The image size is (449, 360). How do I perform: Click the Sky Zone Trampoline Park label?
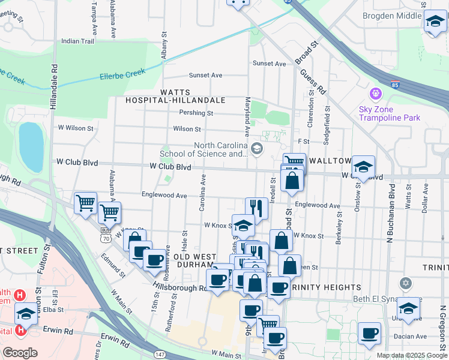click(389, 113)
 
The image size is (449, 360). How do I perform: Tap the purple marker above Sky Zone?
click(376, 94)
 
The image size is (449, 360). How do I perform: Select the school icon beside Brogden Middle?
click(435, 22)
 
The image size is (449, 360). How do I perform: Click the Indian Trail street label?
click(78, 41)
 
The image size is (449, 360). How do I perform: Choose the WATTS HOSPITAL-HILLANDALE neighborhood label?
click(175, 97)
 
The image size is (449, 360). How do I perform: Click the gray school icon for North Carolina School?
click(257, 148)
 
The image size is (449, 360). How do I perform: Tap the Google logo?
click(20, 352)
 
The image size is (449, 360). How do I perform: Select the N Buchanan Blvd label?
click(392, 209)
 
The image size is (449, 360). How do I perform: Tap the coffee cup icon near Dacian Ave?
click(369, 333)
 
